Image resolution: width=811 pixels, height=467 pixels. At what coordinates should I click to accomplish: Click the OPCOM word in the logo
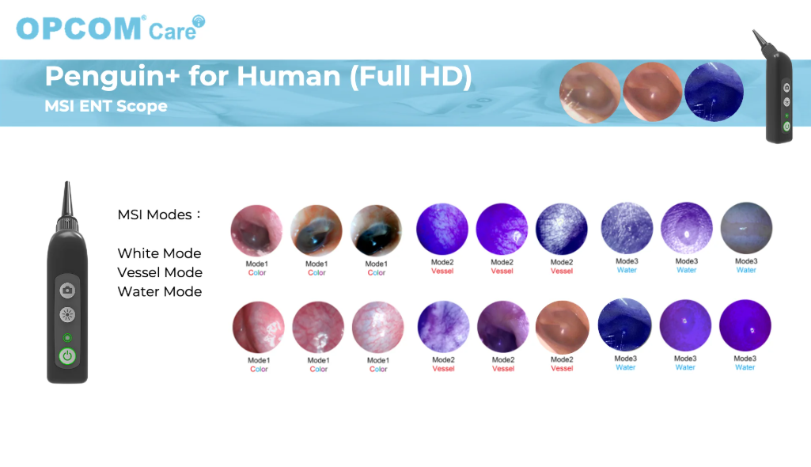78,28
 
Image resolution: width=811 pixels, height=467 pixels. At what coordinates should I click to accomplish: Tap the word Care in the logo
172,32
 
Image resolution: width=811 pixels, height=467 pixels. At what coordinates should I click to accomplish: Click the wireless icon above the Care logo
199,21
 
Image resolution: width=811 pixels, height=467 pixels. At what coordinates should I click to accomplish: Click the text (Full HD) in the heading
411,76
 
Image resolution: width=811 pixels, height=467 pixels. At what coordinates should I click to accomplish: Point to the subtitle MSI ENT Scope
106,106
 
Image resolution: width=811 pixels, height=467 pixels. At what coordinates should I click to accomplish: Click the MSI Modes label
159,215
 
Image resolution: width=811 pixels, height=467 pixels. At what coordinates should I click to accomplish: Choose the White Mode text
159,253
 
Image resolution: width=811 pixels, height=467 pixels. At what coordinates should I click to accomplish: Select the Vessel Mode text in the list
160,272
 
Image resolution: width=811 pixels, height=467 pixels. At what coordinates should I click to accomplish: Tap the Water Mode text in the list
160,292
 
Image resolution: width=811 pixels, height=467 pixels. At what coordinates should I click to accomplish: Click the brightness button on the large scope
67,314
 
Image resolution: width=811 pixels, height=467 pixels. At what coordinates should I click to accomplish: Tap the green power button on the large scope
67,356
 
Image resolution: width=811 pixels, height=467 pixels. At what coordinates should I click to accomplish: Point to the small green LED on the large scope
67,338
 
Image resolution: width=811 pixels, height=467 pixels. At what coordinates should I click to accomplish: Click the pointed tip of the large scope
66,183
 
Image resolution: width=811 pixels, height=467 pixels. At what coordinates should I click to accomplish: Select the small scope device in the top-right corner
773,86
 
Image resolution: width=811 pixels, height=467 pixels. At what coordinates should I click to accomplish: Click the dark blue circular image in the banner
714,92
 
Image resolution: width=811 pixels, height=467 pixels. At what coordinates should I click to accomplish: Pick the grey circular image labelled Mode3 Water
746,228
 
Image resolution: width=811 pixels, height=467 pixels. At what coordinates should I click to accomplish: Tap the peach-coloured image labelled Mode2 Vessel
563,328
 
